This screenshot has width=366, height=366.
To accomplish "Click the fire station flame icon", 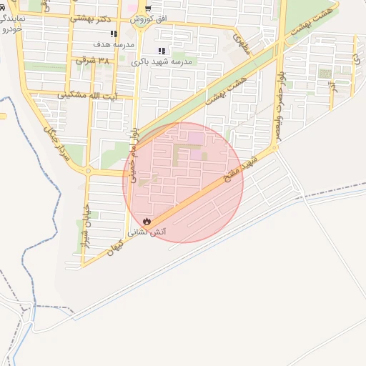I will tap(146, 222).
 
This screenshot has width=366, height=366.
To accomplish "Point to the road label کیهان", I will tap(116, 246).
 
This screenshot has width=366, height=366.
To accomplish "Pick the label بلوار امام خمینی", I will tap(134, 147).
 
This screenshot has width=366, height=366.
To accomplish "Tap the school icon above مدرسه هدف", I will tap(114, 34).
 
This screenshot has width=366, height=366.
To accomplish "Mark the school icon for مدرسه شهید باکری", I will tap(162, 51).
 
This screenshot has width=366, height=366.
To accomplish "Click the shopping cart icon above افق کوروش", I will tap(148, 9).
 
